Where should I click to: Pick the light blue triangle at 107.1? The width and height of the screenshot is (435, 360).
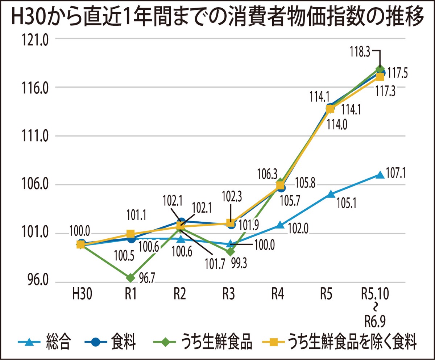click(x=380, y=175)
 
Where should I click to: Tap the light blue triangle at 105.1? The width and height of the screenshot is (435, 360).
click(x=330, y=194)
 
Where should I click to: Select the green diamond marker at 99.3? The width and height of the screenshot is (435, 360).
click(x=231, y=251)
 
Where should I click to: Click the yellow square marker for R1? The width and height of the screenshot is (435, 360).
click(x=130, y=234)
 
